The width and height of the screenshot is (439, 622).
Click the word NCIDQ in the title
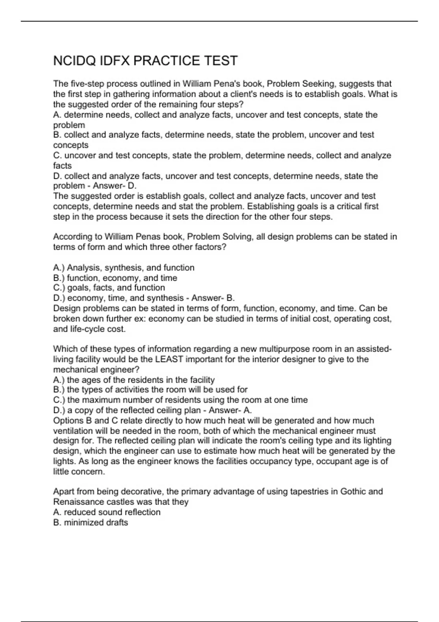tap(74, 61)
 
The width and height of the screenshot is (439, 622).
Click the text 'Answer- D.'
tap(115, 186)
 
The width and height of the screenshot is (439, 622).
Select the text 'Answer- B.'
tap(213, 298)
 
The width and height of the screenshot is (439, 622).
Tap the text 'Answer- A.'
tap(230, 411)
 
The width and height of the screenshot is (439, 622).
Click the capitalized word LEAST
tap(169, 359)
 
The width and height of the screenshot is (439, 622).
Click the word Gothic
tap(354, 491)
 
